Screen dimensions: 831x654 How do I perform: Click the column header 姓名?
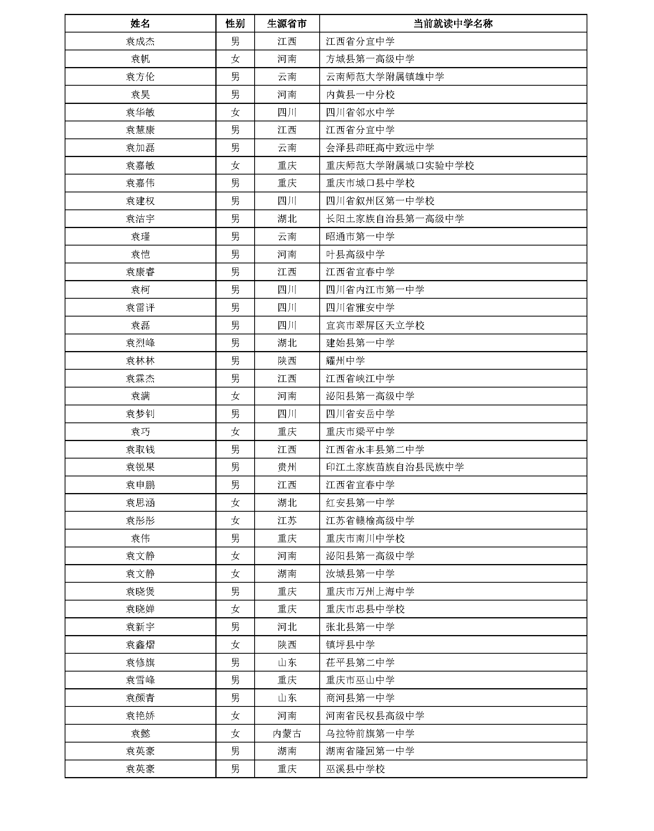click(x=140, y=24)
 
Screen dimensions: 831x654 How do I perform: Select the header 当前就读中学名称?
click(x=453, y=24)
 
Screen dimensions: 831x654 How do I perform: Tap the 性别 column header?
click(x=235, y=24)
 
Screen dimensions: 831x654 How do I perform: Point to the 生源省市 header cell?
click(x=287, y=24)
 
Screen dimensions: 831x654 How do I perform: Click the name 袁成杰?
click(x=140, y=41)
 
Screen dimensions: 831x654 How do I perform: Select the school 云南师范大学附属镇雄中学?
click(x=385, y=77)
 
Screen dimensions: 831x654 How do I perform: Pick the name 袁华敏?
click(x=140, y=112)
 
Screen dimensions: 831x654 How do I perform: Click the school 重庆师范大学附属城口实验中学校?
click(x=400, y=165)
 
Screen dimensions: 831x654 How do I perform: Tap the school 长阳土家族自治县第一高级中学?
click(x=395, y=219)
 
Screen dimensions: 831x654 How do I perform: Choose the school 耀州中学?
click(x=345, y=361)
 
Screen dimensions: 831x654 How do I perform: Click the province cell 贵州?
click(x=287, y=467)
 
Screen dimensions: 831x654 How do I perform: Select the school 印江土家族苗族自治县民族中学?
click(x=395, y=467)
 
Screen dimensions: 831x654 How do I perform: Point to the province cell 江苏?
click(x=287, y=520)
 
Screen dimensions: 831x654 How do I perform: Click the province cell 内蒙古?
click(x=287, y=733)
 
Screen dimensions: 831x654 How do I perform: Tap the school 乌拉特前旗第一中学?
click(x=370, y=733)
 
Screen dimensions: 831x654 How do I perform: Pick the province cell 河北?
click(x=287, y=627)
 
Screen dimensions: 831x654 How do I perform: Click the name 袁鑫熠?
click(x=140, y=645)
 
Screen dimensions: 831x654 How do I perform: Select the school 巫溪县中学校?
click(x=355, y=769)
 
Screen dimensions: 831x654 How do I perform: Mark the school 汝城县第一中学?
click(x=360, y=574)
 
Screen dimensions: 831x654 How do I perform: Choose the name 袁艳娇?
click(x=140, y=716)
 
